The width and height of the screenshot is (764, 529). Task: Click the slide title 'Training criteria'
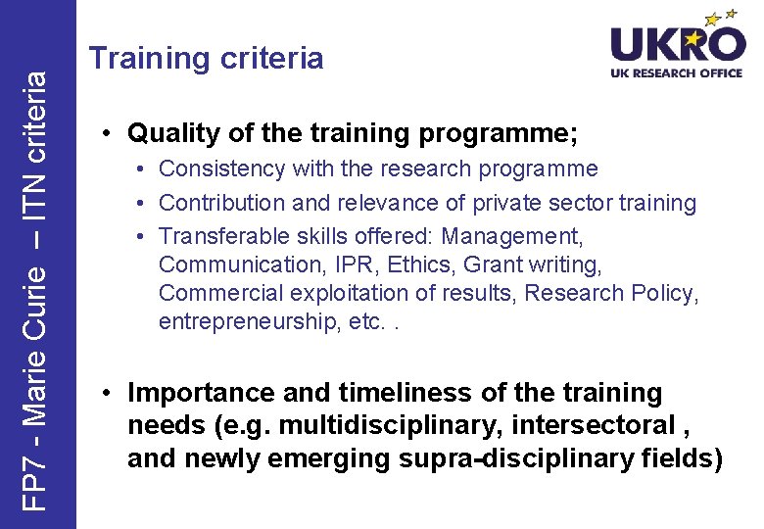(x=206, y=58)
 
